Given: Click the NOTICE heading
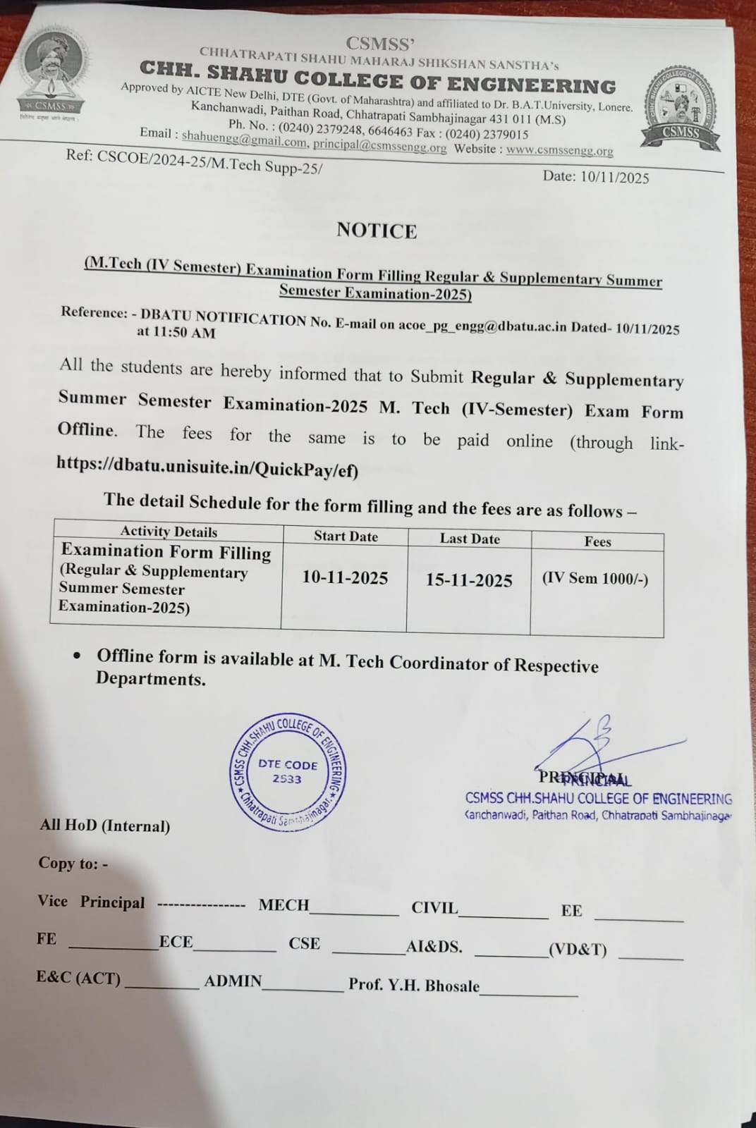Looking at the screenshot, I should [x=377, y=231].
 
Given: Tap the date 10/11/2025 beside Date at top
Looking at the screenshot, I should [x=614, y=177].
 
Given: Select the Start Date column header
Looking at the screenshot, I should [x=346, y=537].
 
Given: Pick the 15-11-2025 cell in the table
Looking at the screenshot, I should [x=469, y=580].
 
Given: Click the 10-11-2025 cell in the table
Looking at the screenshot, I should [x=345, y=578].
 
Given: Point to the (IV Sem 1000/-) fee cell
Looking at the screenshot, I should [x=595, y=579].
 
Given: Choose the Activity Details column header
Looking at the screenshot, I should [x=169, y=532].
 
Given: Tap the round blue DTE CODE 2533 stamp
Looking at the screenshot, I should [x=288, y=773].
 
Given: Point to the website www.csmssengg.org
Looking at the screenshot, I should [x=559, y=149].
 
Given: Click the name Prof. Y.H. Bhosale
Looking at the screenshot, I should [x=414, y=985].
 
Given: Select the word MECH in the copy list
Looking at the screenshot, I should [x=283, y=905].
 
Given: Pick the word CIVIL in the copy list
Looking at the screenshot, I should [x=434, y=907].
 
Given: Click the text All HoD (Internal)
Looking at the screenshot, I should [x=105, y=826].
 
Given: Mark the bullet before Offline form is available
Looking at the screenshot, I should [x=77, y=656].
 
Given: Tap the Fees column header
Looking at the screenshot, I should [x=597, y=541].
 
